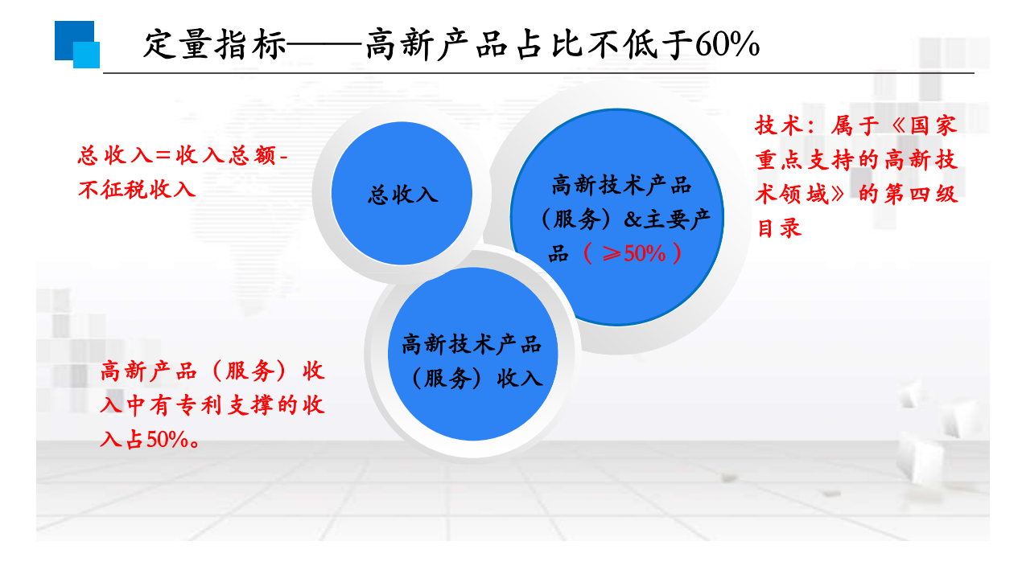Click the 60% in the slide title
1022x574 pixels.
pyautogui.click(x=727, y=45)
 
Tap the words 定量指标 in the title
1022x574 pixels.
pyautogui.click(x=214, y=45)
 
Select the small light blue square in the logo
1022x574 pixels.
pyautogui.click(x=87, y=55)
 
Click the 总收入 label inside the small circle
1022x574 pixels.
pyautogui.click(x=402, y=195)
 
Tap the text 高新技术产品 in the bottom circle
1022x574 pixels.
pyautogui.click(x=472, y=345)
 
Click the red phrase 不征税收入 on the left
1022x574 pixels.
pyautogui.click(x=137, y=190)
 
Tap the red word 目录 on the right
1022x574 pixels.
pyautogui.click(x=780, y=228)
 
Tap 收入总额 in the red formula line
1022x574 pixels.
pyautogui.click(x=225, y=156)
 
